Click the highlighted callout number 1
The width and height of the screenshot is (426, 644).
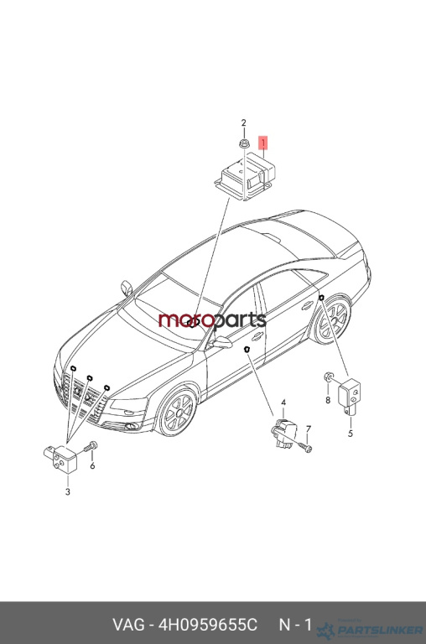tap(262, 143)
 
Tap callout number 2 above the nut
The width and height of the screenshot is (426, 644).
tap(243, 122)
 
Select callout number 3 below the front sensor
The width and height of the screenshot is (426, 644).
tap(68, 491)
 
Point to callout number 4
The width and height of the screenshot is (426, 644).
tap(283, 402)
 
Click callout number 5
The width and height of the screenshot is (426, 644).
tap(351, 434)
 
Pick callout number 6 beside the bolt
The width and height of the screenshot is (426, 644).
tap(92, 465)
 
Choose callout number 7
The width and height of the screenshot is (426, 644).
tap(309, 429)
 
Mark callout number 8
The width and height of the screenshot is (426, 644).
tap(328, 400)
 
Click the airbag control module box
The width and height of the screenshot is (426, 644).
tap(245, 176)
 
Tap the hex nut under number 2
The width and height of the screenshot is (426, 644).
tap(243, 143)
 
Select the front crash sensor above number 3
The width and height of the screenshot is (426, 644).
tap(60, 459)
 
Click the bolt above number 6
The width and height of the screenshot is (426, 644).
tap(91, 446)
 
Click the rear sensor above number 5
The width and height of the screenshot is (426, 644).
tap(350, 394)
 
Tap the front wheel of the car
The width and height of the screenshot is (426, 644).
tap(178, 412)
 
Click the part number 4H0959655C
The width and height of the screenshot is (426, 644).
tap(208, 625)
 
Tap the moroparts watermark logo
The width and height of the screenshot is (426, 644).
tap(212, 320)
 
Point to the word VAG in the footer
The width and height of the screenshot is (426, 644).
tap(128, 625)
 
